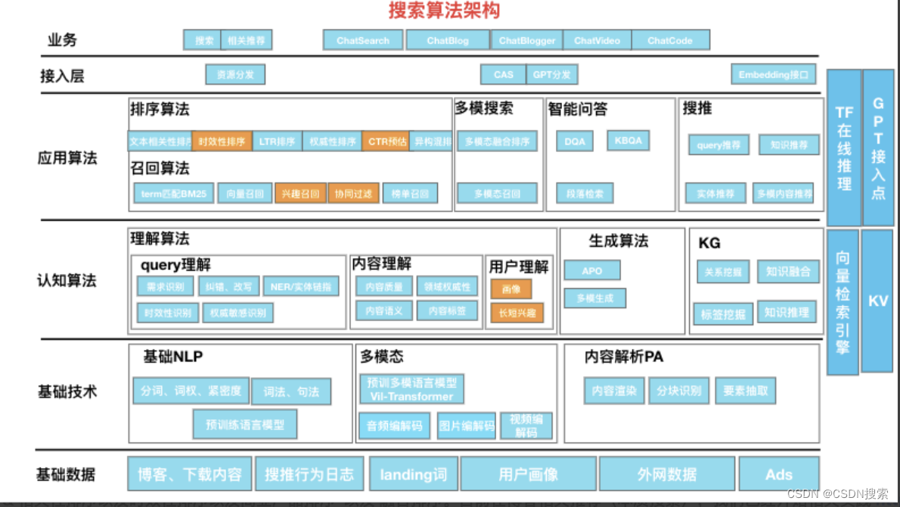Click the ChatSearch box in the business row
point(363,40)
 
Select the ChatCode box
point(670,40)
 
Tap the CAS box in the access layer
point(503,74)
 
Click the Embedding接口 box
point(773,74)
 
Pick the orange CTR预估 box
point(386,141)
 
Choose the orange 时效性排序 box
point(222,141)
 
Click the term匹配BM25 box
point(174,194)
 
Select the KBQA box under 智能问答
point(628,140)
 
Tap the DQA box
point(575,141)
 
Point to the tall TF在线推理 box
point(844,148)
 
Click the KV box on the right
point(877,300)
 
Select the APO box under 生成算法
point(591,270)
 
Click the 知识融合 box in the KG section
point(787,272)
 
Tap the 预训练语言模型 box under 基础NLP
point(245,425)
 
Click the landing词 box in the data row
point(413,474)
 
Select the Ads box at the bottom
point(778,474)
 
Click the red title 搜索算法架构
point(444,11)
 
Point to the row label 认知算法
point(67,281)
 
